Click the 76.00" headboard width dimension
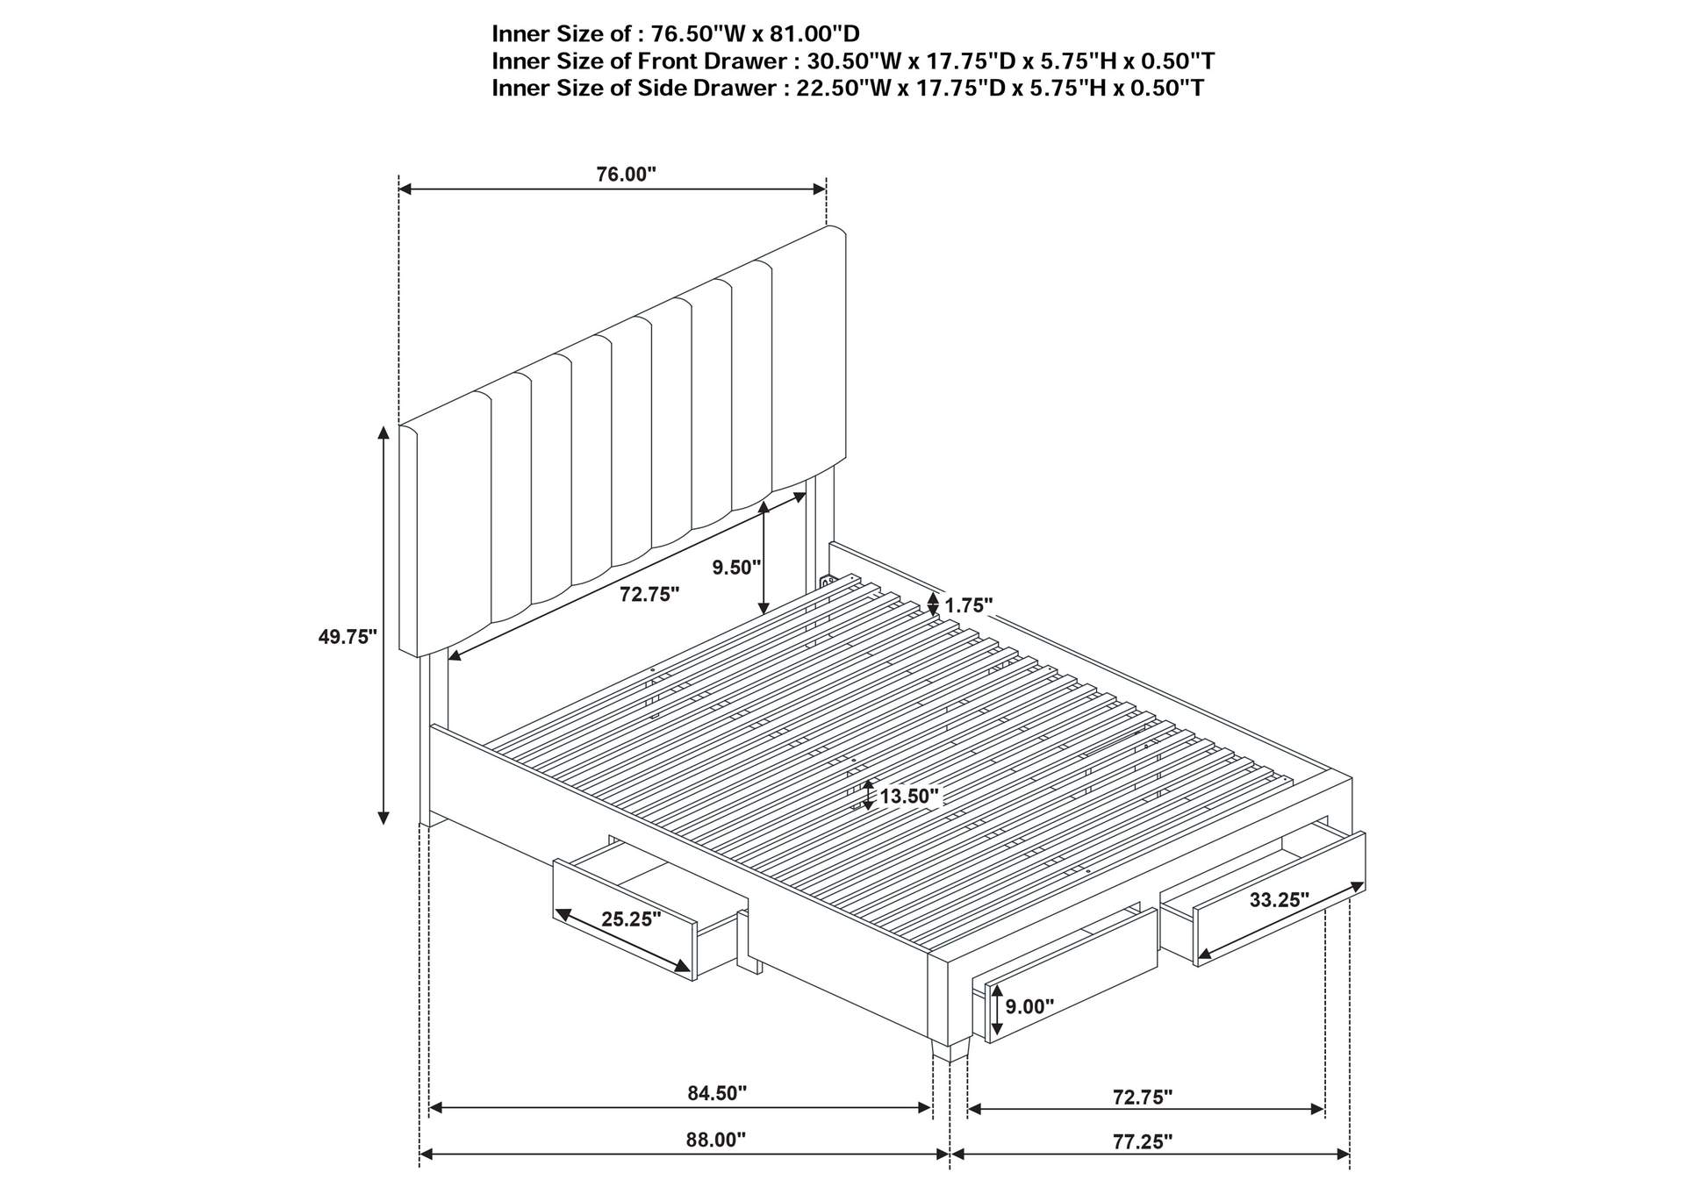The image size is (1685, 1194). pyautogui.click(x=626, y=175)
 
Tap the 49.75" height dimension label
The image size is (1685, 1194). pyautogui.click(x=348, y=637)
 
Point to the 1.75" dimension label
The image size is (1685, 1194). pyautogui.click(x=968, y=605)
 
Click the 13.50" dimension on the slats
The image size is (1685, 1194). pyautogui.click(x=909, y=797)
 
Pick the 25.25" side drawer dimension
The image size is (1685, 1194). pyautogui.click(x=631, y=919)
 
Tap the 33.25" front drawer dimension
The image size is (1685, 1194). pyautogui.click(x=1279, y=899)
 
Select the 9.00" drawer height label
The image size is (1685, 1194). pyautogui.click(x=1029, y=1006)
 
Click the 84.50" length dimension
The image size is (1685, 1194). pyautogui.click(x=717, y=1093)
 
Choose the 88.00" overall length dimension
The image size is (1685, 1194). pyautogui.click(x=715, y=1140)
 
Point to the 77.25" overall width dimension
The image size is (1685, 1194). pyautogui.click(x=1142, y=1141)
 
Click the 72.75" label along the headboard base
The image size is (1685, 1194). pyautogui.click(x=649, y=595)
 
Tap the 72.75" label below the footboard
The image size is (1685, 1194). pyautogui.click(x=1142, y=1097)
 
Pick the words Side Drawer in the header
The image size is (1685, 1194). pyautogui.click(x=714, y=89)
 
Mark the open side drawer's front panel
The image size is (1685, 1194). pyautogui.click(x=624, y=919)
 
